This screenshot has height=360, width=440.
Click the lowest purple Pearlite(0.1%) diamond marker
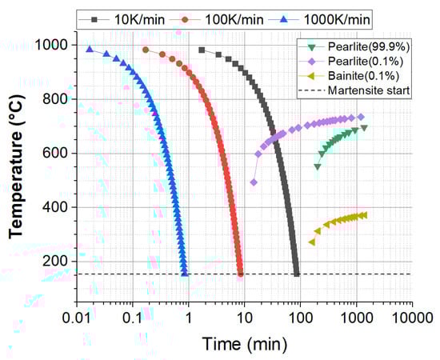click(x=254, y=182)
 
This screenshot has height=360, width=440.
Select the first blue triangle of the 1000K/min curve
click(x=90, y=50)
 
